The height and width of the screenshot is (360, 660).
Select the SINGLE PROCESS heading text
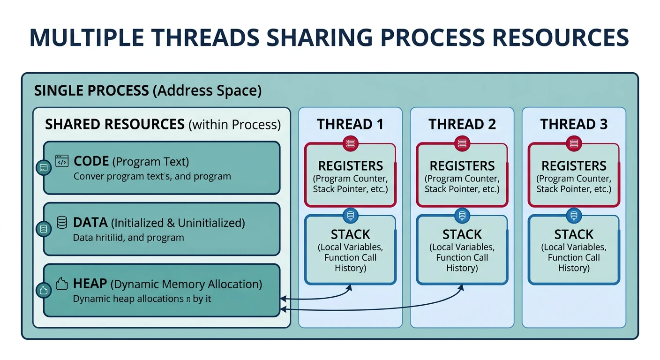pyautogui.click(x=91, y=90)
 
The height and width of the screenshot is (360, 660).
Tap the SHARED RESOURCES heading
pyautogui.click(x=114, y=124)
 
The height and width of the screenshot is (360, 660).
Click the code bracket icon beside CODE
pyautogui.click(x=62, y=161)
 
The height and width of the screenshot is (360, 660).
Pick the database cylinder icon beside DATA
pyautogui.click(x=62, y=222)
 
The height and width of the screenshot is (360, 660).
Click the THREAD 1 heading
pyautogui.click(x=350, y=124)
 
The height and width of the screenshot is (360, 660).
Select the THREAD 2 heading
pyautogui.click(x=462, y=124)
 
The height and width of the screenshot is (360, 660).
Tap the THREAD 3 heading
pyautogui.click(x=574, y=124)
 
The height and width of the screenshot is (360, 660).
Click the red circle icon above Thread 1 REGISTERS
pyautogui.click(x=350, y=144)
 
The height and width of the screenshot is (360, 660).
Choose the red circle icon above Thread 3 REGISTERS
pyautogui.click(x=574, y=144)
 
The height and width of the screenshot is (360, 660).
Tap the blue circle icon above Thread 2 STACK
pyautogui.click(x=462, y=216)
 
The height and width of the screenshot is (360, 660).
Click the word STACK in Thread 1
pyautogui.click(x=350, y=234)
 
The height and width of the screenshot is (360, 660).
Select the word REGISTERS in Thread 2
pyautogui.click(x=462, y=166)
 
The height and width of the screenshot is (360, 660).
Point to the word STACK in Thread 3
pyautogui.click(x=574, y=234)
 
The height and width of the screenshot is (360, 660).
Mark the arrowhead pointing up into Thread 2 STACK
pyautogui.click(x=461, y=286)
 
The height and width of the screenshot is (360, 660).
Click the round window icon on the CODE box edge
pyautogui.click(x=43, y=167)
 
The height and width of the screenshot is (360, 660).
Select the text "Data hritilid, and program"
pyautogui.click(x=128, y=238)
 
